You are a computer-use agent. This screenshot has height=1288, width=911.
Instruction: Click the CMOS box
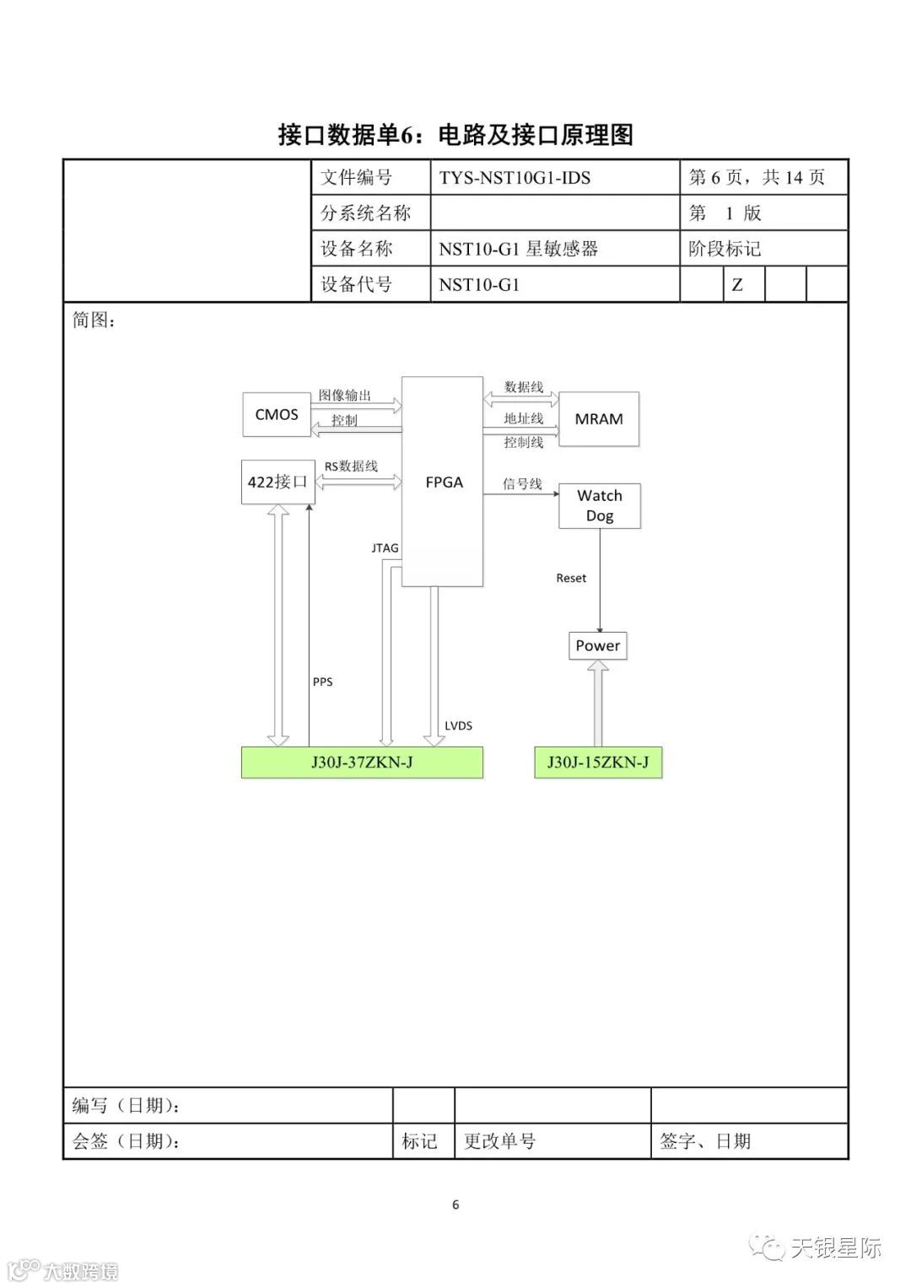(277, 414)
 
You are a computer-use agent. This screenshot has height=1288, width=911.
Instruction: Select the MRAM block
(599, 419)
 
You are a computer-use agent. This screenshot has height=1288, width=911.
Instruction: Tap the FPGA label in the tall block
(444, 482)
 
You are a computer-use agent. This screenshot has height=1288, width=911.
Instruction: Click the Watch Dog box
(600, 506)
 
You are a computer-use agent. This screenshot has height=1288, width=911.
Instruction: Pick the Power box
(598, 646)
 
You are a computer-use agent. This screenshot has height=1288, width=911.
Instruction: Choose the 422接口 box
(278, 482)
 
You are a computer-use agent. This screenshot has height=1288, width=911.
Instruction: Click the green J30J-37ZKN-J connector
(362, 763)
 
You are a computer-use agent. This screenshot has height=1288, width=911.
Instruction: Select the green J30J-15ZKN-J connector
(598, 763)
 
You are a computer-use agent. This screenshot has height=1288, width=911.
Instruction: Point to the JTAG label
(385, 548)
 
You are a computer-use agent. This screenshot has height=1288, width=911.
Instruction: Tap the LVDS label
(458, 725)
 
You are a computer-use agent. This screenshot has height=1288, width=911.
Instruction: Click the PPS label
(323, 682)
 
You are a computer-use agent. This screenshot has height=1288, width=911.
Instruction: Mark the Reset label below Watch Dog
(571, 578)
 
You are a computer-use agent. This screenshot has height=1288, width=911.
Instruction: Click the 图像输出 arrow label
(345, 395)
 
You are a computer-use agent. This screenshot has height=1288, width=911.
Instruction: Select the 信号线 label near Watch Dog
(522, 484)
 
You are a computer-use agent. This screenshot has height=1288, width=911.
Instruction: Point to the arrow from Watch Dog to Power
(601, 590)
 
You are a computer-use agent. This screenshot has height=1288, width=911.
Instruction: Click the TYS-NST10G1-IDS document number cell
(515, 178)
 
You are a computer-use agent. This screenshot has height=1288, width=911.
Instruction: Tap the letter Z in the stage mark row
(737, 285)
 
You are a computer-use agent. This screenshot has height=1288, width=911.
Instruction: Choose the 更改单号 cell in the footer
(499, 1141)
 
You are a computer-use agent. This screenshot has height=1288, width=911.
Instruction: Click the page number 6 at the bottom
(455, 1204)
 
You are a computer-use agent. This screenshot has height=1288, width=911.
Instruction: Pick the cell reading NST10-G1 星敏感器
(518, 249)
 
